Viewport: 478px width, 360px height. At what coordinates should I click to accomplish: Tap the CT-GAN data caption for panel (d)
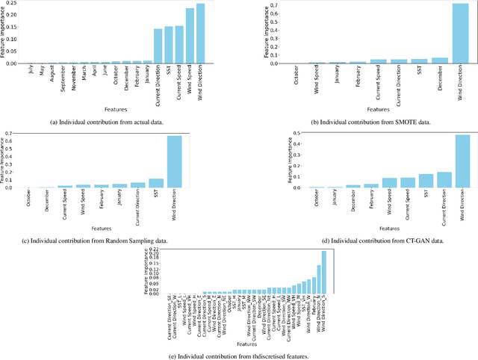[366, 238]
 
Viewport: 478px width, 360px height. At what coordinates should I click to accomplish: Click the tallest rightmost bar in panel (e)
[323, 272]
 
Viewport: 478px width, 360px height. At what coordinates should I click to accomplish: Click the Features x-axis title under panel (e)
[247, 344]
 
